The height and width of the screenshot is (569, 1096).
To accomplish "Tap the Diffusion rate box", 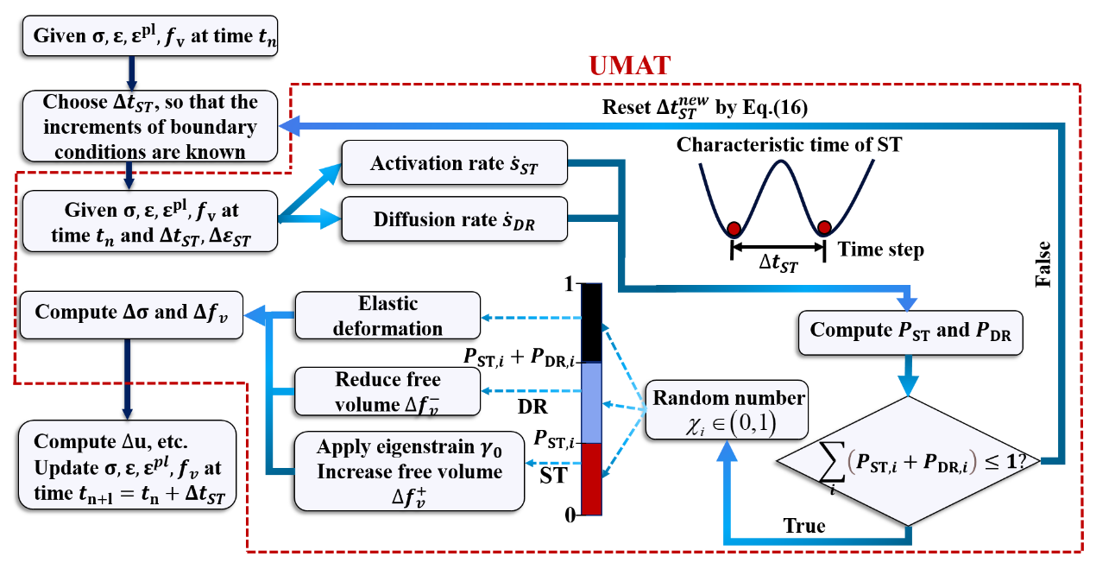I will point(455,219).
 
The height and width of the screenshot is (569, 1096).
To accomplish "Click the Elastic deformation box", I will point(387,315).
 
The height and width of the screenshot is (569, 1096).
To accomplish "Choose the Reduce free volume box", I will point(387,391).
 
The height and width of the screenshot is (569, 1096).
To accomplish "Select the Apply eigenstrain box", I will point(409,471).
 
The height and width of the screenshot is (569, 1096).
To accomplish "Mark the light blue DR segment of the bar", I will point(591,402).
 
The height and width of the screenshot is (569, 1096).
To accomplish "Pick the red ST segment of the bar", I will point(591,478).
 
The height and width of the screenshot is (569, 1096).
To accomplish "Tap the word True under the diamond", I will point(803,526).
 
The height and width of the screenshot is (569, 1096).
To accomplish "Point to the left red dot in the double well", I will point(734,229).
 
